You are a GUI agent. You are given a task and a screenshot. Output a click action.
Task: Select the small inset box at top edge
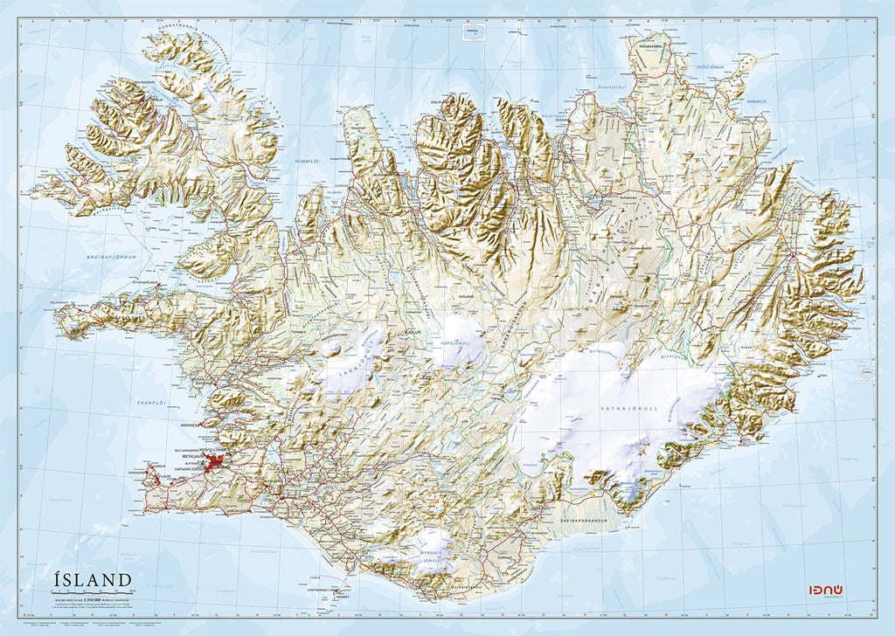[x=473, y=32]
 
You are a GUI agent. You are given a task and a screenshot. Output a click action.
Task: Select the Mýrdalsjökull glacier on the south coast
[x=429, y=554]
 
